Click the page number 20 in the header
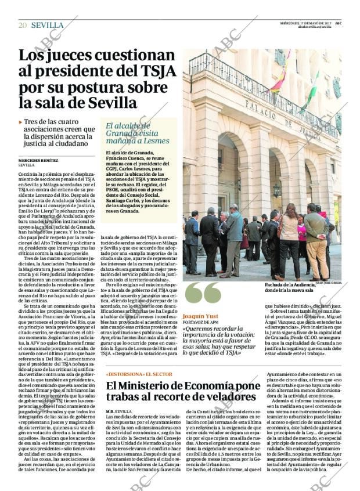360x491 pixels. pos(23,25)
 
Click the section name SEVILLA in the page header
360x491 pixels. pos(47,25)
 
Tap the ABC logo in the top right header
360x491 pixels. pos(338,23)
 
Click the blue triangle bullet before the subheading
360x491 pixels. pos(20,122)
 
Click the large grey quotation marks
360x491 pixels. pos(202,293)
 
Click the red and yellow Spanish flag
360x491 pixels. pos(279,82)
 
